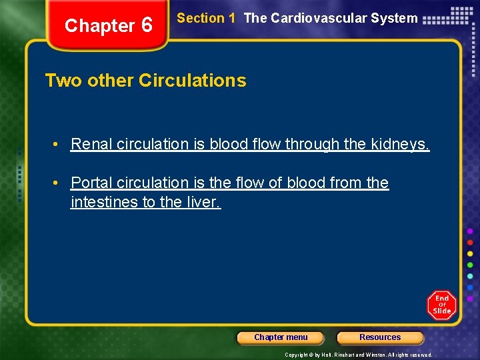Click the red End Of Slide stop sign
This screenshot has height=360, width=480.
pyautogui.click(x=441, y=305)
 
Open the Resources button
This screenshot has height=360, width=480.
pyautogui.click(x=380, y=337)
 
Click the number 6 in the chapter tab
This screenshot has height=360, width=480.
pyautogui.click(x=147, y=26)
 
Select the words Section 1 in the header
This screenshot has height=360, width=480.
pyautogui.click(x=206, y=19)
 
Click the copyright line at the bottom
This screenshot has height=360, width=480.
pyautogui.click(x=359, y=355)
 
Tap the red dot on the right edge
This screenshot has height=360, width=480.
pyautogui.click(x=471, y=242)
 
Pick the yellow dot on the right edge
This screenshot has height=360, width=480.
pyautogui.click(x=471, y=253)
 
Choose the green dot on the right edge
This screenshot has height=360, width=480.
pyautogui.click(x=471, y=265)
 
